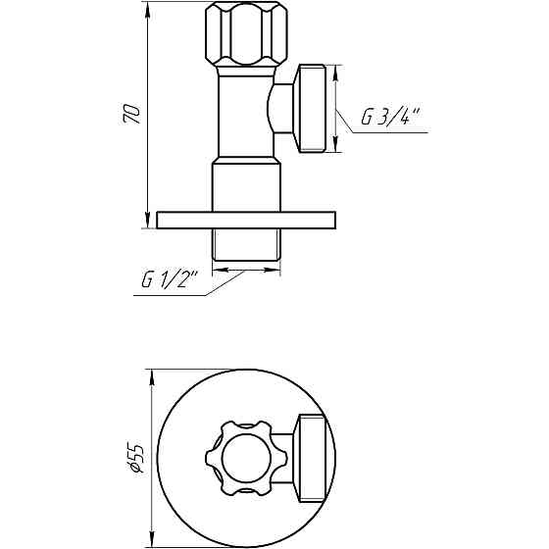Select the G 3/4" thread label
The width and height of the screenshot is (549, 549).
pyautogui.click(x=389, y=118)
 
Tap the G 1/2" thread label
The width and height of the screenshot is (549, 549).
pyautogui.click(x=170, y=281)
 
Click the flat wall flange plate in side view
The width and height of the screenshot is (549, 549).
pyautogui.click(x=246, y=220)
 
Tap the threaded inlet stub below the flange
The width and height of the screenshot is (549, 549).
pyautogui.click(x=246, y=249)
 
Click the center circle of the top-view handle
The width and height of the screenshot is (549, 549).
pyautogui.click(x=242, y=458)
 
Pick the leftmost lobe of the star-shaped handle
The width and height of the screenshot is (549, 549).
pyautogui.click(x=210, y=458)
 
